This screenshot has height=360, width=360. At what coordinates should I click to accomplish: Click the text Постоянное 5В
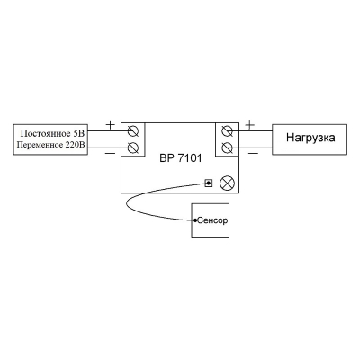[x=53, y=133]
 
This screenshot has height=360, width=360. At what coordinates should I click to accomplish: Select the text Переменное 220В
[x=51, y=145]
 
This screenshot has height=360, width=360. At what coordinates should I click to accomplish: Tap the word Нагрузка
[x=310, y=138]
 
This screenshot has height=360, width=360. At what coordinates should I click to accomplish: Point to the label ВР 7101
[x=181, y=158]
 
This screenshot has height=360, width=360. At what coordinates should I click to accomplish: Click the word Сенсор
[x=212, y=220]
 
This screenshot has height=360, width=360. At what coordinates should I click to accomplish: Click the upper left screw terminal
[x=133, y=131]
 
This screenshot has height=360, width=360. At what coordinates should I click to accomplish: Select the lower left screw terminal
[x=133, y=148]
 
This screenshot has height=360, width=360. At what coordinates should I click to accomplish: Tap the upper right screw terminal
[x=227, y=131]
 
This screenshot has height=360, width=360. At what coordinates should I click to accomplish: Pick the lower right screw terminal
[x=227, y=148]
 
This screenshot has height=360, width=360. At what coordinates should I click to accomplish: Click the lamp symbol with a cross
[x=227, y=183]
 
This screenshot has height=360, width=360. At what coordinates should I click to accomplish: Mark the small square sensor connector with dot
[x=209, y=183]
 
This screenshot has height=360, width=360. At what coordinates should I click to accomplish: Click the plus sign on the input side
[x=111, y=124]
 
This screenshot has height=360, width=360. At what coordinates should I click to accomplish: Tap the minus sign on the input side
[x=110, y=154]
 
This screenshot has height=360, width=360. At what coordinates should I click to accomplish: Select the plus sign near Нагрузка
[x=249, y=124]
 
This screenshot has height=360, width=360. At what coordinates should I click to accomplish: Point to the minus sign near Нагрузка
[x=254, y=154]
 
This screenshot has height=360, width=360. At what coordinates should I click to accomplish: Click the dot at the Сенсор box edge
[x=195, y=220]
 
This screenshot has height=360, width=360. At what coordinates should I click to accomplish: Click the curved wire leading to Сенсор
[x=127, y=204]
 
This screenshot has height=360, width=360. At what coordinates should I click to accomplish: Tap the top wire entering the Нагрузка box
[x=252, y=131]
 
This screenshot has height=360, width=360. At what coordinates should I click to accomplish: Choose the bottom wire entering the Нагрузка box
[x=252, y=148]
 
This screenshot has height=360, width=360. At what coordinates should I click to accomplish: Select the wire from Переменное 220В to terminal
[x=108, y=148]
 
